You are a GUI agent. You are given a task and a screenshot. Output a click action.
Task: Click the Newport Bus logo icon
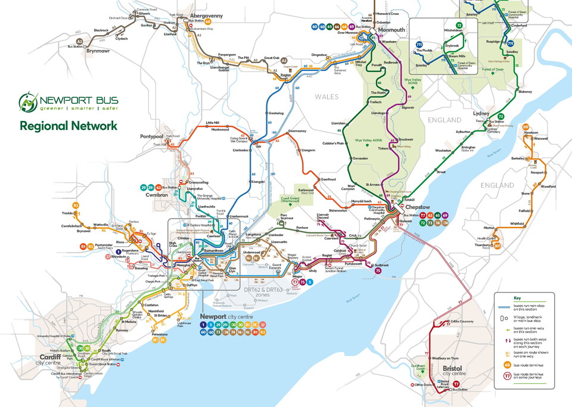pos(28,102)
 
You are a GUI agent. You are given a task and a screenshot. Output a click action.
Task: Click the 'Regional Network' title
pos(68,126)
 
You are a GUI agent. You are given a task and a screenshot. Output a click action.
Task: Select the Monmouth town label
pos(391,30)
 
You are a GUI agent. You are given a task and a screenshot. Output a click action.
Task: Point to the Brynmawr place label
pos(88,52)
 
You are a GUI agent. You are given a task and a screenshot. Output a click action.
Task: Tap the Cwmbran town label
pos(157,195)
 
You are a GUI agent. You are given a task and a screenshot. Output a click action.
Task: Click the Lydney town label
pos(480,113)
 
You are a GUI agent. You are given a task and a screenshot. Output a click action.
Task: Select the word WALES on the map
pos(327,97)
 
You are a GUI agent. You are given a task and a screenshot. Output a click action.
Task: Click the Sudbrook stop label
pos(381,265)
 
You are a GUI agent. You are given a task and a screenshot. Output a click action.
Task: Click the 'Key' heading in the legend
pos(517,298)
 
